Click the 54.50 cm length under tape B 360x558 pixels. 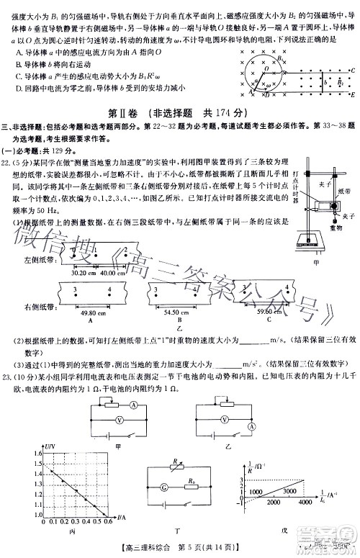click(x=176, y=314)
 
